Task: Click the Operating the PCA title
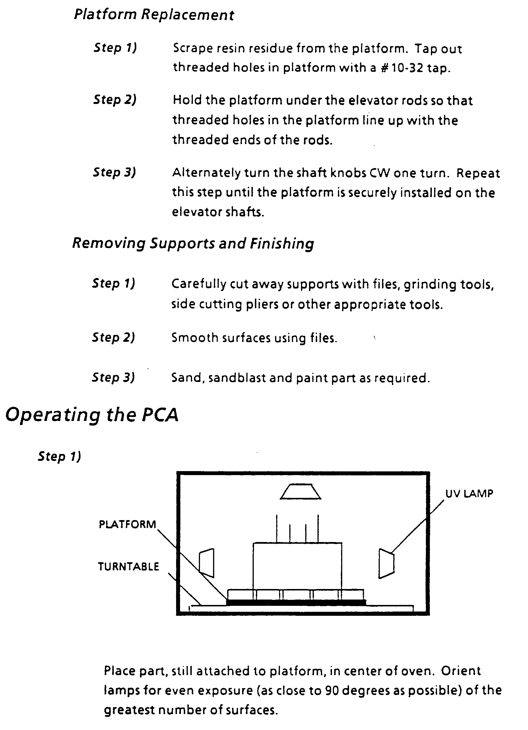click(92, 415)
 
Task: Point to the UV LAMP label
click(469, 493)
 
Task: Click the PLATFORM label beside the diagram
click(127, 524)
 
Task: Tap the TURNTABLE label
click(128, 567)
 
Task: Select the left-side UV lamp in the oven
click(207, 563)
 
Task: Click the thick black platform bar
click(296, 602)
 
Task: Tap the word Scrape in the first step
click(193, 49)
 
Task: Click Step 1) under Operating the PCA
click(59, 456)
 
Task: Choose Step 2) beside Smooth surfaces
click(114, 338)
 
